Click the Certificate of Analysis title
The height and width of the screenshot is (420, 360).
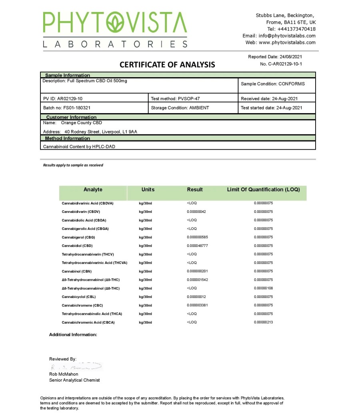pyautogui.click(x=167, y=65)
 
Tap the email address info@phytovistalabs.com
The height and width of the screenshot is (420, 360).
pyautogui.click(x=287, y=36)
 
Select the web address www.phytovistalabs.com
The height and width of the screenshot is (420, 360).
pyautogui.click(x=287, y=42)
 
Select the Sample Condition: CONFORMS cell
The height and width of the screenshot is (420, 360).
pyautogui.click(x=273, y=84)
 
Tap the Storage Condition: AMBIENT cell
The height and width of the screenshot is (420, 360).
pyautogui.click(x=180, y=108)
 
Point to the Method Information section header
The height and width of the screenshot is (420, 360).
pyautogui.click(x=67, y=138)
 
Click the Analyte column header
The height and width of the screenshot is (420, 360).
pyautogui.click(x=93, y=190)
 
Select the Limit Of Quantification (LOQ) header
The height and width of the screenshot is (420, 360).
pyautogui.click(x=263, y=190)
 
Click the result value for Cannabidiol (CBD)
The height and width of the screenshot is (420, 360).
pyautogui.click(x=197, y=246)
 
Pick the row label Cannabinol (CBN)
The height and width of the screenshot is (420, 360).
pyautogui.click(x=77, y=271)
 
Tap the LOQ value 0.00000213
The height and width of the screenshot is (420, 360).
pyautogui.click(x=263, y=322)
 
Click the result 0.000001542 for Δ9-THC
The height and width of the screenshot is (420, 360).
pyautogui.click(x=197, y=280)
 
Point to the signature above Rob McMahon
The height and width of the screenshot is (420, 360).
pyautogui.click(x=76, y=366)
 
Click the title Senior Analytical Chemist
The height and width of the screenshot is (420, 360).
pyautogui.click(x=74, y=380)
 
